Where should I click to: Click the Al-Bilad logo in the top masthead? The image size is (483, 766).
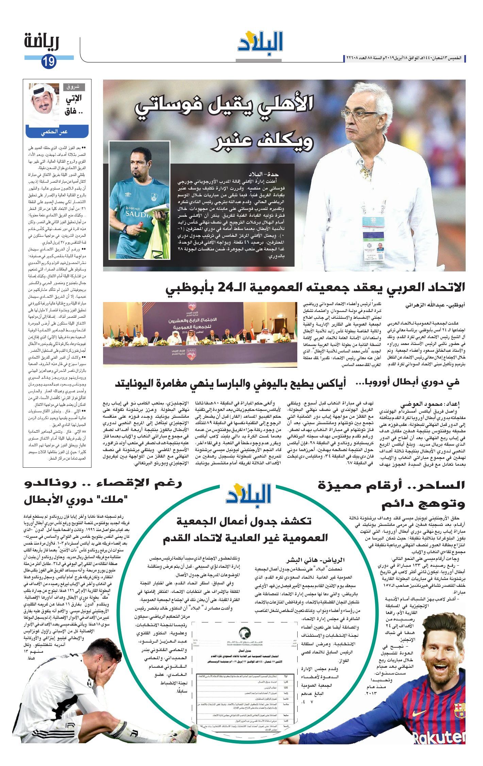coord(260,41)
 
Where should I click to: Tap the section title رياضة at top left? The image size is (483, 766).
coord(42,42)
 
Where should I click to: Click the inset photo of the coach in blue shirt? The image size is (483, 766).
coord(139,200)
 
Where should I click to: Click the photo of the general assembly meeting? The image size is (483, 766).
coord(200,335)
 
